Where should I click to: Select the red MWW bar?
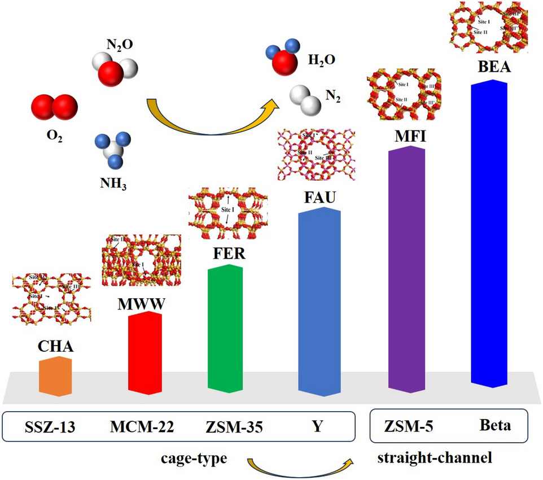(x=145, y=352)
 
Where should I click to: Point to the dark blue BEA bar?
(x=489, y=234)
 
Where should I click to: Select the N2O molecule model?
(x=115, y=67)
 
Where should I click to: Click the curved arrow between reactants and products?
(x=212, y=119)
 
